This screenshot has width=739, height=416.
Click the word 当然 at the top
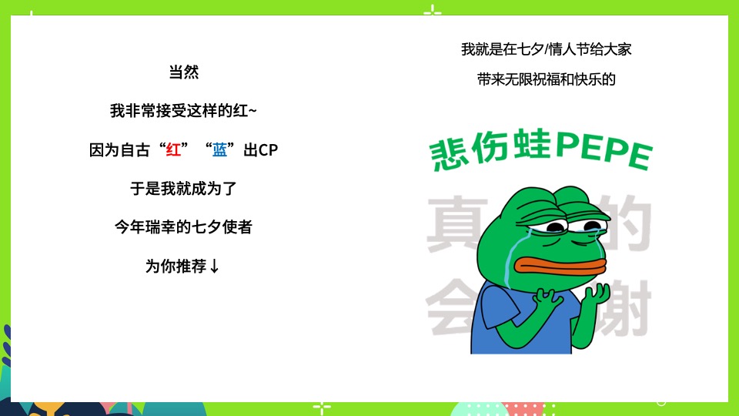[183, 72]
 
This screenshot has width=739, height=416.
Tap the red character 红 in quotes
[173, 150]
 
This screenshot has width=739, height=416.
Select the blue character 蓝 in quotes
[220, 150]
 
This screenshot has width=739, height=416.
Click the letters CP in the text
[267, 150]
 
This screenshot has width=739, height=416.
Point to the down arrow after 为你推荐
[215, 267]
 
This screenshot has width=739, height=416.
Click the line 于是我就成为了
[183, 189]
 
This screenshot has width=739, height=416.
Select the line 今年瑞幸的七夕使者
[183, 227]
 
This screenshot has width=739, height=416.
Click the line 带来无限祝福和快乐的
[547, 79]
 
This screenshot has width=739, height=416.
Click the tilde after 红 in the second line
[253, 112]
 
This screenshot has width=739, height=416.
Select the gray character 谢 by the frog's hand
[631, 308]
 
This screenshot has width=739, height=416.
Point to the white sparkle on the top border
[433, 11]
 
